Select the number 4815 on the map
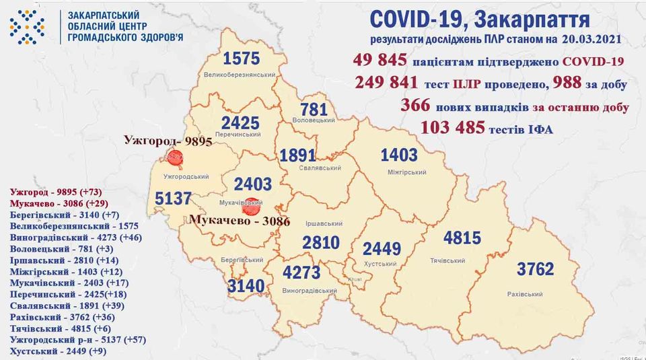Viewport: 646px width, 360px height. (x=460, y=239)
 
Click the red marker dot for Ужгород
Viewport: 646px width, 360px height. (x=175, y=159)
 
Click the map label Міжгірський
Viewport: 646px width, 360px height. (x=407, y=172)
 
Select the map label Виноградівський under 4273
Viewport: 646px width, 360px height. (x=310, y=291)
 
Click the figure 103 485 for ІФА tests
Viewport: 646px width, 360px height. (x=452, y=127)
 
